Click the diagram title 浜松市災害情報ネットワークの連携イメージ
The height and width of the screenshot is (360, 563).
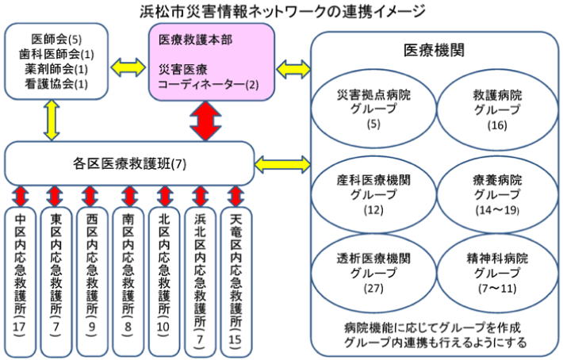(x=281, y=10)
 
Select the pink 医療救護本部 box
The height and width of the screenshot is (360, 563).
(x=213, y=62)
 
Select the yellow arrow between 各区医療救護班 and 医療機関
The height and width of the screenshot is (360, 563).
(x=281, y=165)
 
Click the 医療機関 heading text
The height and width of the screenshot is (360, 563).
(x=434, y=50)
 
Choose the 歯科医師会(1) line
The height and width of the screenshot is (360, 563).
(x=56, y=54)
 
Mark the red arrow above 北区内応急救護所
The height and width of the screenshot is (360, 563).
(x=164, y=194)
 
